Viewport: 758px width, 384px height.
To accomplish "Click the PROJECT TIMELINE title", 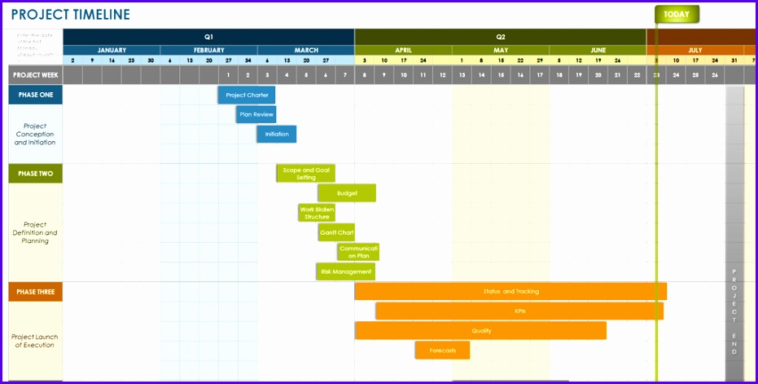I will [70, 15].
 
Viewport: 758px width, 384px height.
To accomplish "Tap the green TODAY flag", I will [677, 15].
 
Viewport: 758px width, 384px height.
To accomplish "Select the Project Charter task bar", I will [247, 95].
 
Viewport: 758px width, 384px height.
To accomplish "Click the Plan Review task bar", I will [256, 115].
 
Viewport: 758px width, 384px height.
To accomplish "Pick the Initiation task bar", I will [277, 135].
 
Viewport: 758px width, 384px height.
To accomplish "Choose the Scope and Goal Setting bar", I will [305, 174].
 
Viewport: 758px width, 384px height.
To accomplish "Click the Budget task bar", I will [347, 193].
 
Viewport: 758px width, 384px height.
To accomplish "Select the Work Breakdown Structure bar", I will [317, 213].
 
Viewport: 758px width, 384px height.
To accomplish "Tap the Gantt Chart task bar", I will [336, 232].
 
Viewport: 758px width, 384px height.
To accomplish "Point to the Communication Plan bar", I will [358, 252].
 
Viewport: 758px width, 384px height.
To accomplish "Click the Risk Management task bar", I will [346, 271].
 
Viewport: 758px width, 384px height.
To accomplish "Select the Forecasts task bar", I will [442, 351].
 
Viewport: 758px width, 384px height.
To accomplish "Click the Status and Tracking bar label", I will [510, 291].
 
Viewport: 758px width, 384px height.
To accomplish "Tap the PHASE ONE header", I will [36, 95].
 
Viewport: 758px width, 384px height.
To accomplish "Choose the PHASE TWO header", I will [36, 174].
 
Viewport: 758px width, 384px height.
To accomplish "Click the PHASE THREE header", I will [36, 292].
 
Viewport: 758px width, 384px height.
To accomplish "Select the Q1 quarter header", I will [208, 37].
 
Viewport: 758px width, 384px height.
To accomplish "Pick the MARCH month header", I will [305, 50].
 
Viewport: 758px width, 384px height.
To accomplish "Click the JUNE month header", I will [598, 50].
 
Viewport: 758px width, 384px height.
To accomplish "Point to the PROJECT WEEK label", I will [36, 75].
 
